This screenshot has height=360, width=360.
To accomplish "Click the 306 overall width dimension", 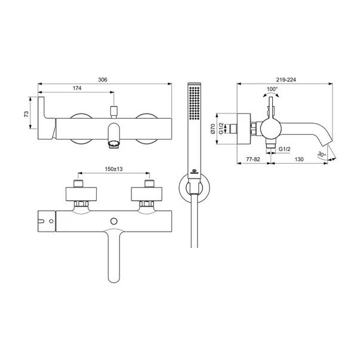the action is point(103,79).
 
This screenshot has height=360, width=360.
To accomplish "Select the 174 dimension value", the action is point(77,88).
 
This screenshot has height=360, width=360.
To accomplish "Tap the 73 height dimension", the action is point(26,114).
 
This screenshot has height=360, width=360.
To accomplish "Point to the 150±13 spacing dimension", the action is point(113,169).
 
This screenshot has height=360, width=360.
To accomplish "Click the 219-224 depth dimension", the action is point(286,79).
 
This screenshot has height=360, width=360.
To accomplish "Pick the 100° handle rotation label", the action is point(272,89).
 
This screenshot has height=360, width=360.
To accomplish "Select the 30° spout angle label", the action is point(322,155).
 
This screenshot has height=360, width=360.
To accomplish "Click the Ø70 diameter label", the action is point(213,129).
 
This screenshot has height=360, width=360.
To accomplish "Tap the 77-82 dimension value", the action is point(253,159).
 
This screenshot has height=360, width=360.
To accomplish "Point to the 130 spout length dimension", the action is point(299,159).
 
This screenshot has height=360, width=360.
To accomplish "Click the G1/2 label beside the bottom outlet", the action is point(284,149).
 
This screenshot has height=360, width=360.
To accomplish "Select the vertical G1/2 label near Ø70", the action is point(221,128).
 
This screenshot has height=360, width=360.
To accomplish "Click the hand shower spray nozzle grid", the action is point(195,103).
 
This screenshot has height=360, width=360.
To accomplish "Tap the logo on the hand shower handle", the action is point(194,171).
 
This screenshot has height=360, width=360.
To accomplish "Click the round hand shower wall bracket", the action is point(195,188).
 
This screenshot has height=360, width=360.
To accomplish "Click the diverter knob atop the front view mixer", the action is point(114,112).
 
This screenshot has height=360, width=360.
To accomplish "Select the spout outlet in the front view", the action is point(114,145).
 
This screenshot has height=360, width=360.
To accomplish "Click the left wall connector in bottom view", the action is point(81,194).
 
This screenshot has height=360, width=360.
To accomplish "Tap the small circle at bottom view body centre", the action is point(114,221).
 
